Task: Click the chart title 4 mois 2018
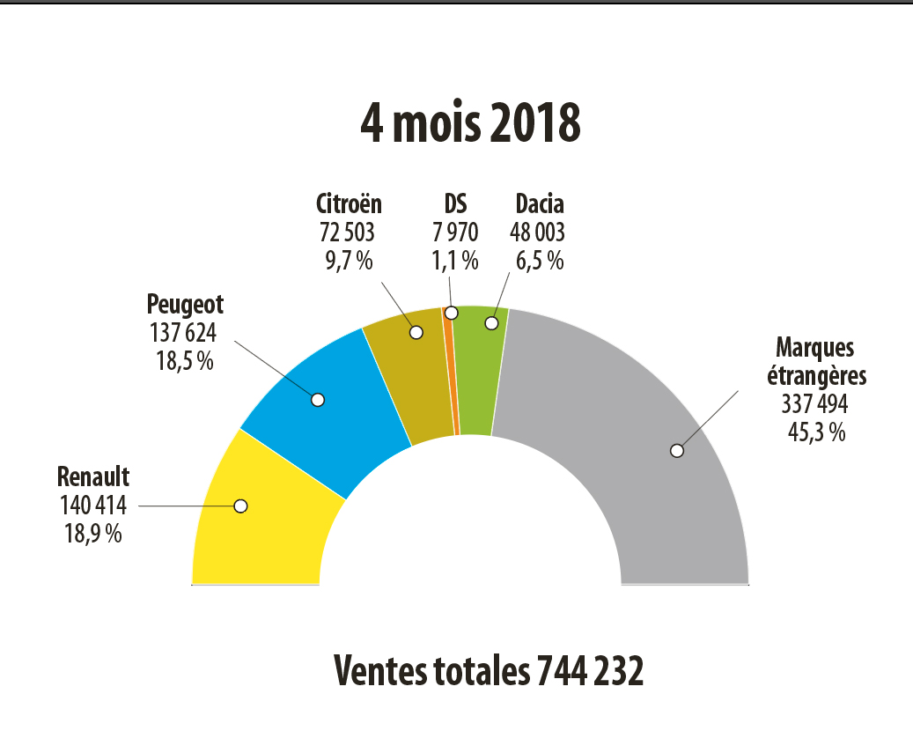click(470, 124)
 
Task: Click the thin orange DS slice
click(453, 370)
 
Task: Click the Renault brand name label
click(93, 477)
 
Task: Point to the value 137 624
click(184, 332)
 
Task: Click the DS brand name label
click(454, 204)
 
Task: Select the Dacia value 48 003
click(537, 233)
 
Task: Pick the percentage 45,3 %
click(814, 432)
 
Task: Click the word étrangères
click(817, 375)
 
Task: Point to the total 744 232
click(587, 672)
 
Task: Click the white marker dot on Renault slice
click(240, 506)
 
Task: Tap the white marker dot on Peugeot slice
click(318, 400)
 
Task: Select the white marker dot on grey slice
click(676, 450)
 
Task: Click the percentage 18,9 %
click(92, 533)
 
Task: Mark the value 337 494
click(814, 403)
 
